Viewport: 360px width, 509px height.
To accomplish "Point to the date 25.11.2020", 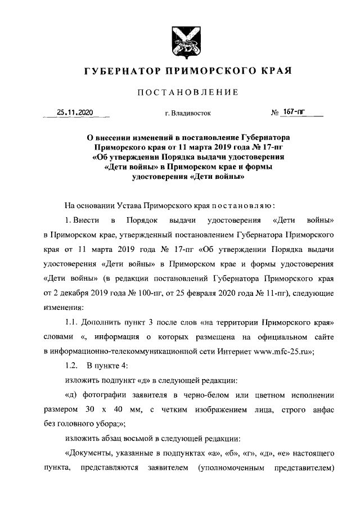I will (x=75, y=112).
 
